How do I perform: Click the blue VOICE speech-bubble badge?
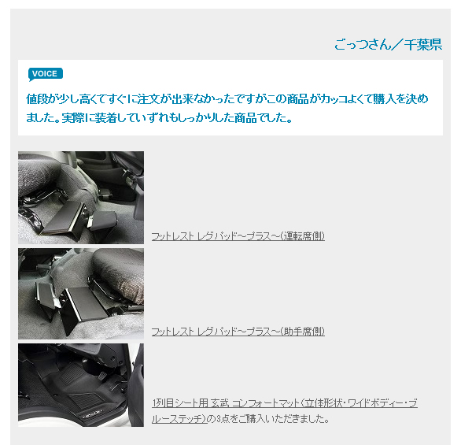[46, 74]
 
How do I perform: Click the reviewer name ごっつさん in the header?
[363, 45]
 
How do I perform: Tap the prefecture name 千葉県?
[423, 45]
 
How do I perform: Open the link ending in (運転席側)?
[238, 236]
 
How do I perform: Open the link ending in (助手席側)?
[238, 332]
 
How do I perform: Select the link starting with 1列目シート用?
[285, 411]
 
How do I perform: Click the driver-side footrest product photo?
[81, 198]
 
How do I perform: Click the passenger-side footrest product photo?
[81, 294]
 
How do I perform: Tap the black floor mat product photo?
[81, 385]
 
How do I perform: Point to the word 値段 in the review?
[37, 98]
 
